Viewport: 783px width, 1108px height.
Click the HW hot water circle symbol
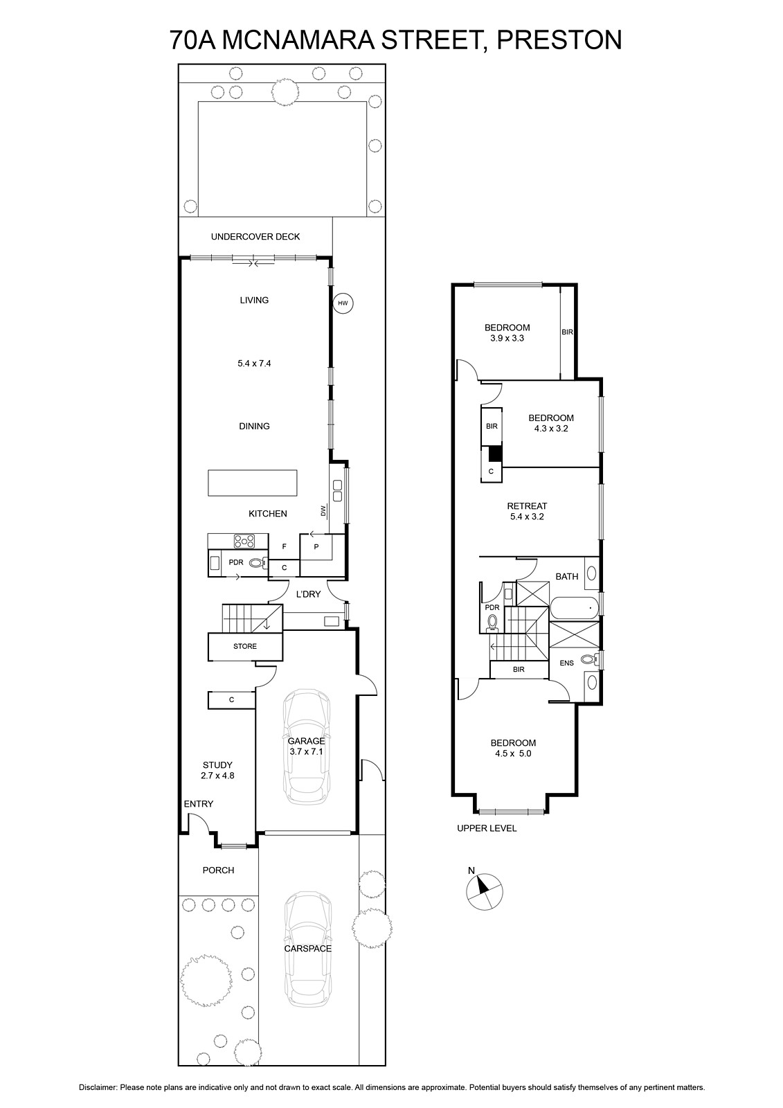click(343, 303)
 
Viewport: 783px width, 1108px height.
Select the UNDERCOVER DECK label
click(255, 236)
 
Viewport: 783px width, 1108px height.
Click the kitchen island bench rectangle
click(253, 483)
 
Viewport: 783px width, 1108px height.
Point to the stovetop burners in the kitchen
click(244, 541)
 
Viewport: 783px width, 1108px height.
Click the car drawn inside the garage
click(307, 747)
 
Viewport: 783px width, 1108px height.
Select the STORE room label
click(245, 646)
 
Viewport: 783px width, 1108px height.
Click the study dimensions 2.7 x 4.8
click(217, 776)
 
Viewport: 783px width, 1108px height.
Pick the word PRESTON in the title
click(559, 40)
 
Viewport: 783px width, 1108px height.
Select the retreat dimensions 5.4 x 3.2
click(527, 517)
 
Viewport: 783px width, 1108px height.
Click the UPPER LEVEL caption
click(487, 828)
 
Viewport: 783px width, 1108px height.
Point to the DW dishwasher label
click(323, 510)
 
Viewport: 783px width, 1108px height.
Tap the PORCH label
click(218, 870)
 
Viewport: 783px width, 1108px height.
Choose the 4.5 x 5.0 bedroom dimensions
click(513, 753)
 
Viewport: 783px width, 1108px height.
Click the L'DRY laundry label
click(308, 594)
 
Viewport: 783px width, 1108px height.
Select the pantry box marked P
click(315, 548)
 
